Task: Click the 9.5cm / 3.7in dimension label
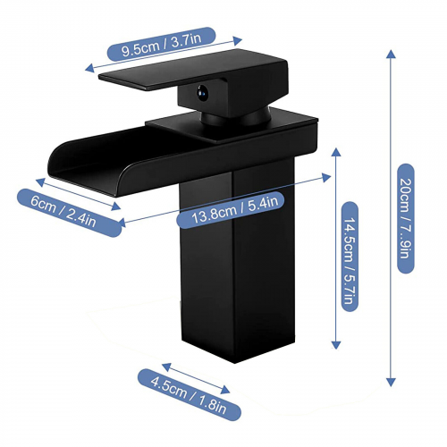161,44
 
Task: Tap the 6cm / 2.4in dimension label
69,213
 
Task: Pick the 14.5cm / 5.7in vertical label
350,257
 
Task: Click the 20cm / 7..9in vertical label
406,218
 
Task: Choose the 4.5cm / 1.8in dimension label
190,394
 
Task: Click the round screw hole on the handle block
202,91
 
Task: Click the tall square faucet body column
238,261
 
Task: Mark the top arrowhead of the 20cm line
391,54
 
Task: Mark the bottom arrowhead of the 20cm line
391,382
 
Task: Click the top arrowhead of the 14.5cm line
336,152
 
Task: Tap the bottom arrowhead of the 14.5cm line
336,344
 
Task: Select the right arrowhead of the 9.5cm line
237,41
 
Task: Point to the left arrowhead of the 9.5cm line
89,68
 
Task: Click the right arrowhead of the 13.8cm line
326,177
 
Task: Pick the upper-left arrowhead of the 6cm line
40,181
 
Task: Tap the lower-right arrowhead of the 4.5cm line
225,389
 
